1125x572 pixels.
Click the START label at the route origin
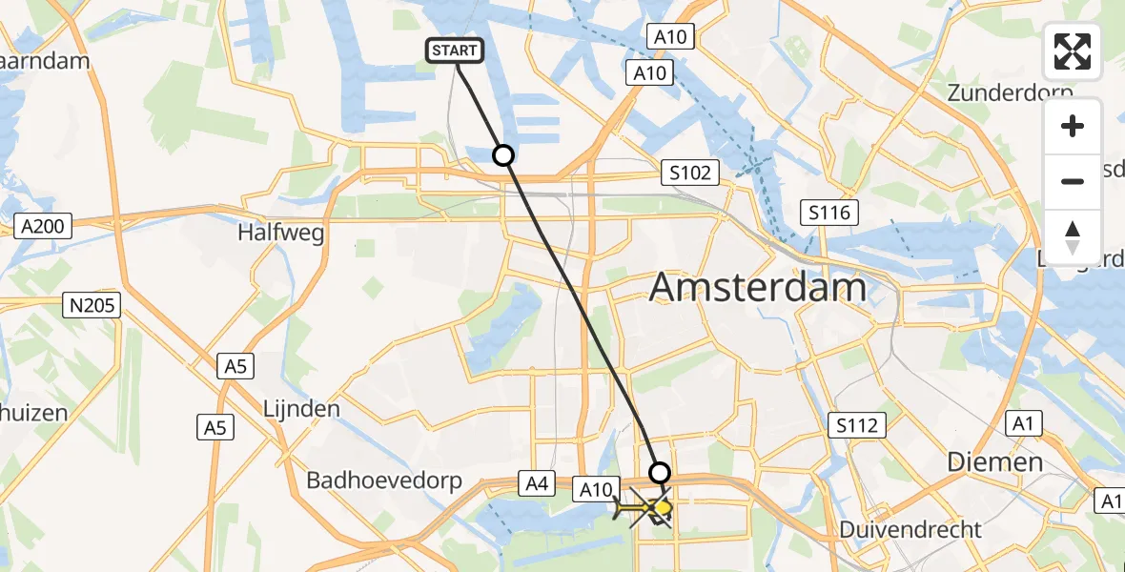(x=458, y=51)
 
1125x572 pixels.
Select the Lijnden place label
(x=300, y=409)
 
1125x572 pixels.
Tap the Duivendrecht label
(x=911, y=529)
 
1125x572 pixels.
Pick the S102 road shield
(x=689, y=173)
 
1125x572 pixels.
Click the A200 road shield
(x=44, y=226)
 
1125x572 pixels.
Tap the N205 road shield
(x=91, y=306)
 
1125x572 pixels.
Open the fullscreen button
(x=1073, y=51)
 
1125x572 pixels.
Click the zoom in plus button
(x=1073, y=126)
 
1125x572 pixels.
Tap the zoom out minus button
(x=1073, y=181)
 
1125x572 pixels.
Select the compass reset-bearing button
(x=1073, y=235)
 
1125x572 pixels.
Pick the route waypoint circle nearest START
(x=502, y=154)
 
